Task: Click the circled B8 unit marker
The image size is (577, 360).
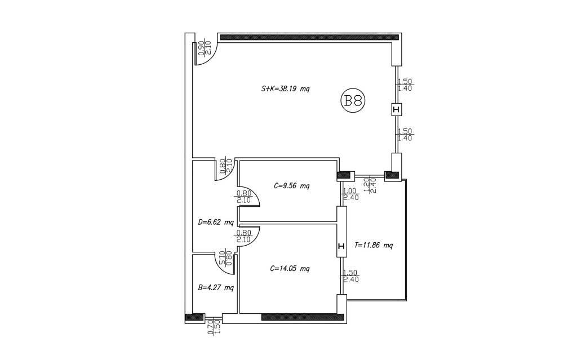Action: [353, 100]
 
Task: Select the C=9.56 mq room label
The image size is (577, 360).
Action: [291, 186]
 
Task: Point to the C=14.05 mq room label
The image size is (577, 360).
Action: [290, 269]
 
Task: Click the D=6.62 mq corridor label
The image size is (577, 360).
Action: [216, 223]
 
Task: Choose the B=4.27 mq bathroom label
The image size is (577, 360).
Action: [216, 288]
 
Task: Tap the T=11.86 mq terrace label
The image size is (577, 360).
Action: [374, 245]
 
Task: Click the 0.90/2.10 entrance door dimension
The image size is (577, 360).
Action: [205, 48]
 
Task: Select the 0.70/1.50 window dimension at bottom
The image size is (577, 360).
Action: [214, 327]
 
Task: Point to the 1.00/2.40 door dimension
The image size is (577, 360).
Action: [350, 194]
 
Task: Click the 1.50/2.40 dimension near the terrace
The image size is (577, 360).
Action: [350, 276]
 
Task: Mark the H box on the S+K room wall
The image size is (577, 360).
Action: [396, 110]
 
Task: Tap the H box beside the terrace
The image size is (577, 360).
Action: [341, 246]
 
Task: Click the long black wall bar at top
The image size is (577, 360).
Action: [309, 37]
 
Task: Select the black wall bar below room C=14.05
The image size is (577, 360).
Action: [303, 317]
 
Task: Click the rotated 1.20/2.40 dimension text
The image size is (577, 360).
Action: [370, 185]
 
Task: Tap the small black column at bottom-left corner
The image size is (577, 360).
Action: [194, 317]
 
